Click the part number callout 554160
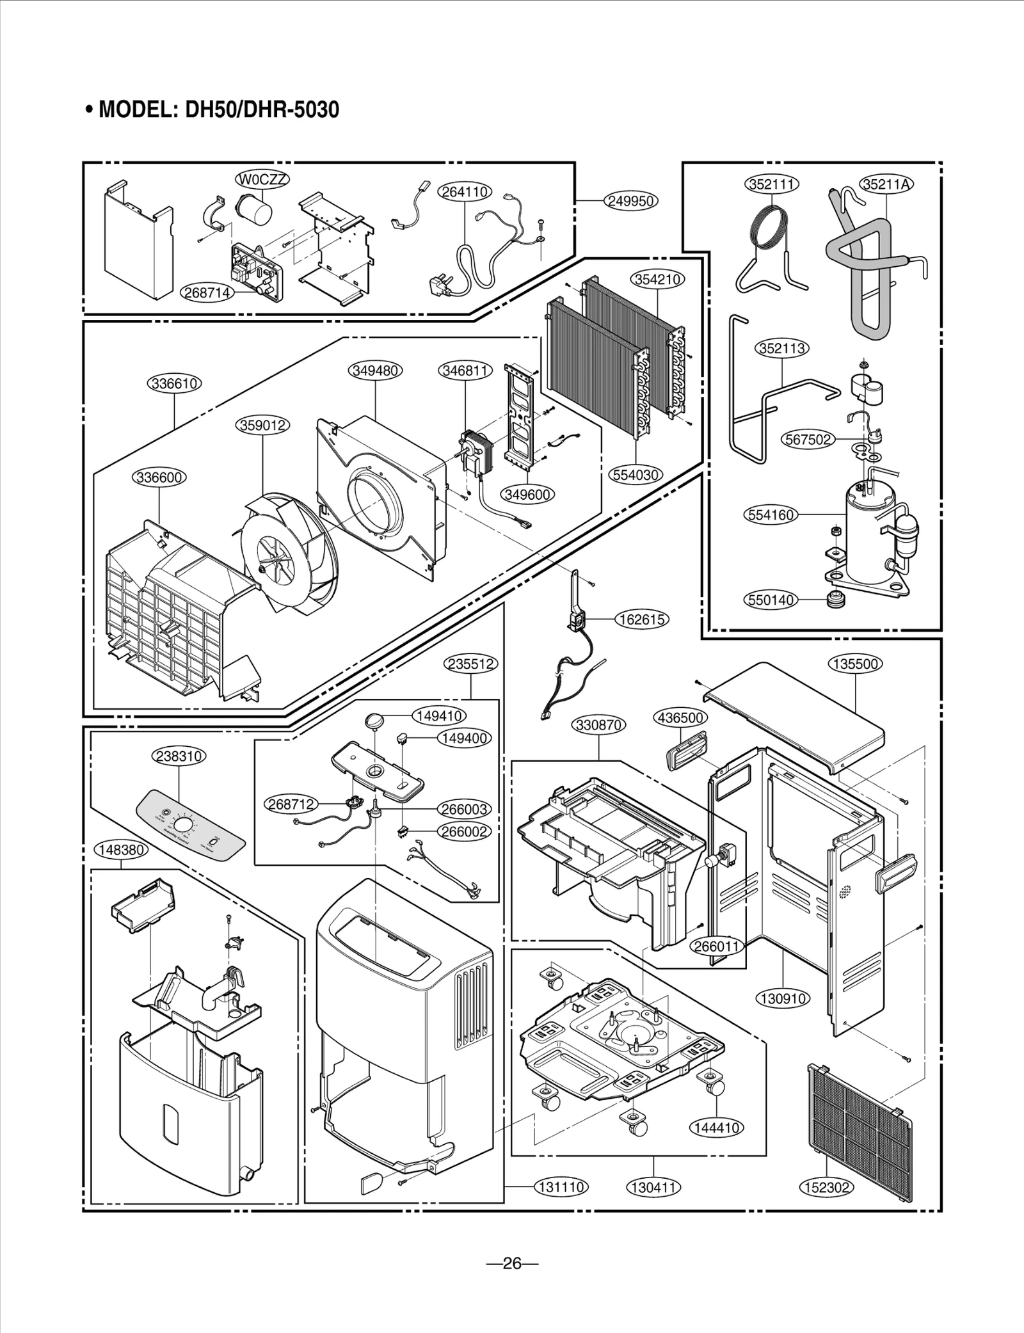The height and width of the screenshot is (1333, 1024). (x=771, y=515)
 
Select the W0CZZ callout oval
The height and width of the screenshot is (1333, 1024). (x=262, y=180)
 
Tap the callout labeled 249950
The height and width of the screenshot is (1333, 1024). (x=631, y=201)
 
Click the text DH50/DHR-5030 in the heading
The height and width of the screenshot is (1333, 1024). (x=262, y=110)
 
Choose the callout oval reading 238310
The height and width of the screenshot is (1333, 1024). (x=179, y=756)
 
